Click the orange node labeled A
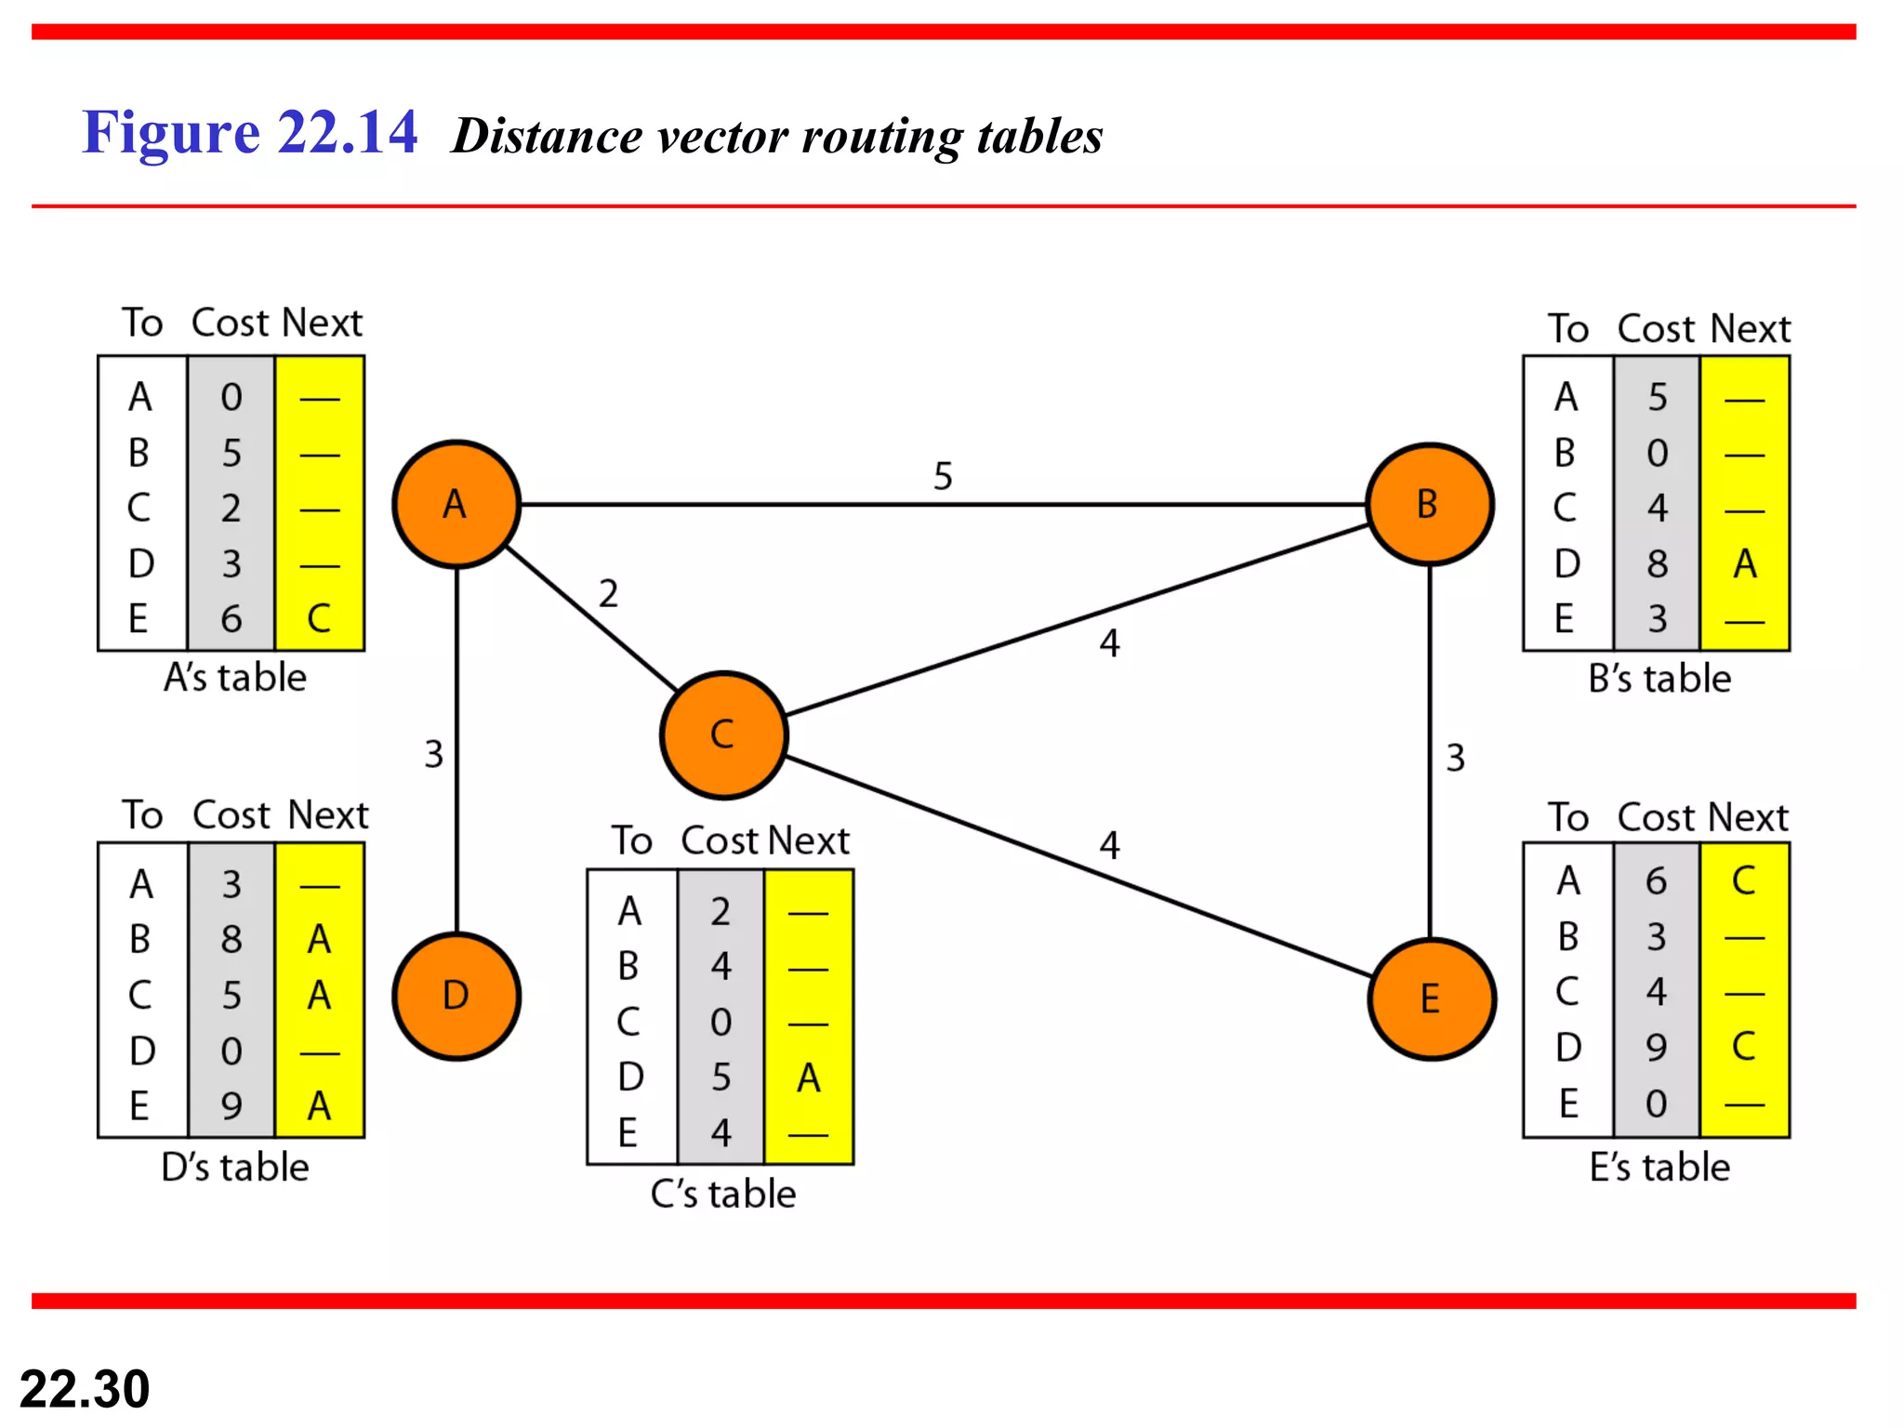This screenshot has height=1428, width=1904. coord(456,504)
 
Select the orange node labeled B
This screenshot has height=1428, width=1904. coord(1429,504)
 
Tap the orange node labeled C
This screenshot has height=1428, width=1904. coord(723,734)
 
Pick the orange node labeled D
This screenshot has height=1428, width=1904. coord(456,996)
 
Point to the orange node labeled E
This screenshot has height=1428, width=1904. coord(1431,999)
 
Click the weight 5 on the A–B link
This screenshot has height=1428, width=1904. coord(943,476)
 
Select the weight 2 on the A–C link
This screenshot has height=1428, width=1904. coord(608,593)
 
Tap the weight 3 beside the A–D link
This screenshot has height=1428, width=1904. coord(433,754)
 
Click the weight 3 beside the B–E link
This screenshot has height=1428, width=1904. coord(1455,758)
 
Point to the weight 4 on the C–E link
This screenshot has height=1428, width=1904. coord(1109,845)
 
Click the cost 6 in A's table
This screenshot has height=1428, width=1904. coord(231,619)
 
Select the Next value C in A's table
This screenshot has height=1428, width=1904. coord(319,619)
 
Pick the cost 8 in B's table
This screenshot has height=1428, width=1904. coord(1657,563)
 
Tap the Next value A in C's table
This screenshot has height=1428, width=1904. coord(808,1078)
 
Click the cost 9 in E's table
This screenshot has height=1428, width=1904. coord(1656,1048)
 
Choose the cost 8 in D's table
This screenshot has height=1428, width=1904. coord(231,940)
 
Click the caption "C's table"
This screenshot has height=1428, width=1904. coord(722,1194)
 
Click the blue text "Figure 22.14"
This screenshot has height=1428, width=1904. coord(249,132)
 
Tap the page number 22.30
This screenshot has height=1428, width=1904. coord(85,1389)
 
